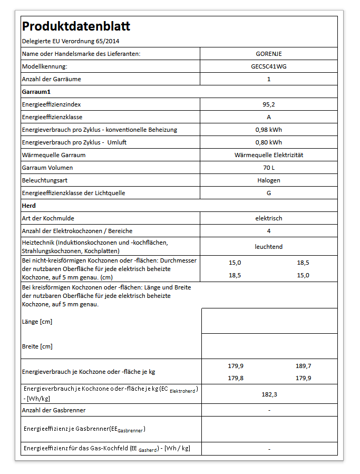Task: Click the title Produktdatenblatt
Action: click(x=76, y=26)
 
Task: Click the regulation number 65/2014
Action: click(x=111, y=41)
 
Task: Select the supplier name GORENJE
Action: click(x=269, y=54)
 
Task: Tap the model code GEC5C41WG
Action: click(x=269, y=66)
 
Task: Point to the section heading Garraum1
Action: click(x=36, y=92)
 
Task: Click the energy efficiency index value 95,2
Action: click(x=269, y=104)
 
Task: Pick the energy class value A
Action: click(x=269, y=117)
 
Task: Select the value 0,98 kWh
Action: click(x=269, y=130)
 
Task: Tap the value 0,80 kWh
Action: click(x=269, y=142)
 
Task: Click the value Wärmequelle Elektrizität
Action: click(x=269, y=155)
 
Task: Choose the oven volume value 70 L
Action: click(x=269, y=168)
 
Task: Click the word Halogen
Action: click(x=269, y=180)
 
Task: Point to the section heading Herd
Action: click(x=29, y=206)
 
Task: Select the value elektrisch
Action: click(x=269, y=218)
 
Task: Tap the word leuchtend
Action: click(x=269, y=246)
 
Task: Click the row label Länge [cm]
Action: click(x=37, y=322)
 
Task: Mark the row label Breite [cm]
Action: click(x=37, y=346)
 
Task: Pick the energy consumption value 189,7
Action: click(x=304, y=366)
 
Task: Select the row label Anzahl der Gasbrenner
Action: click(x=54, y=410)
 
